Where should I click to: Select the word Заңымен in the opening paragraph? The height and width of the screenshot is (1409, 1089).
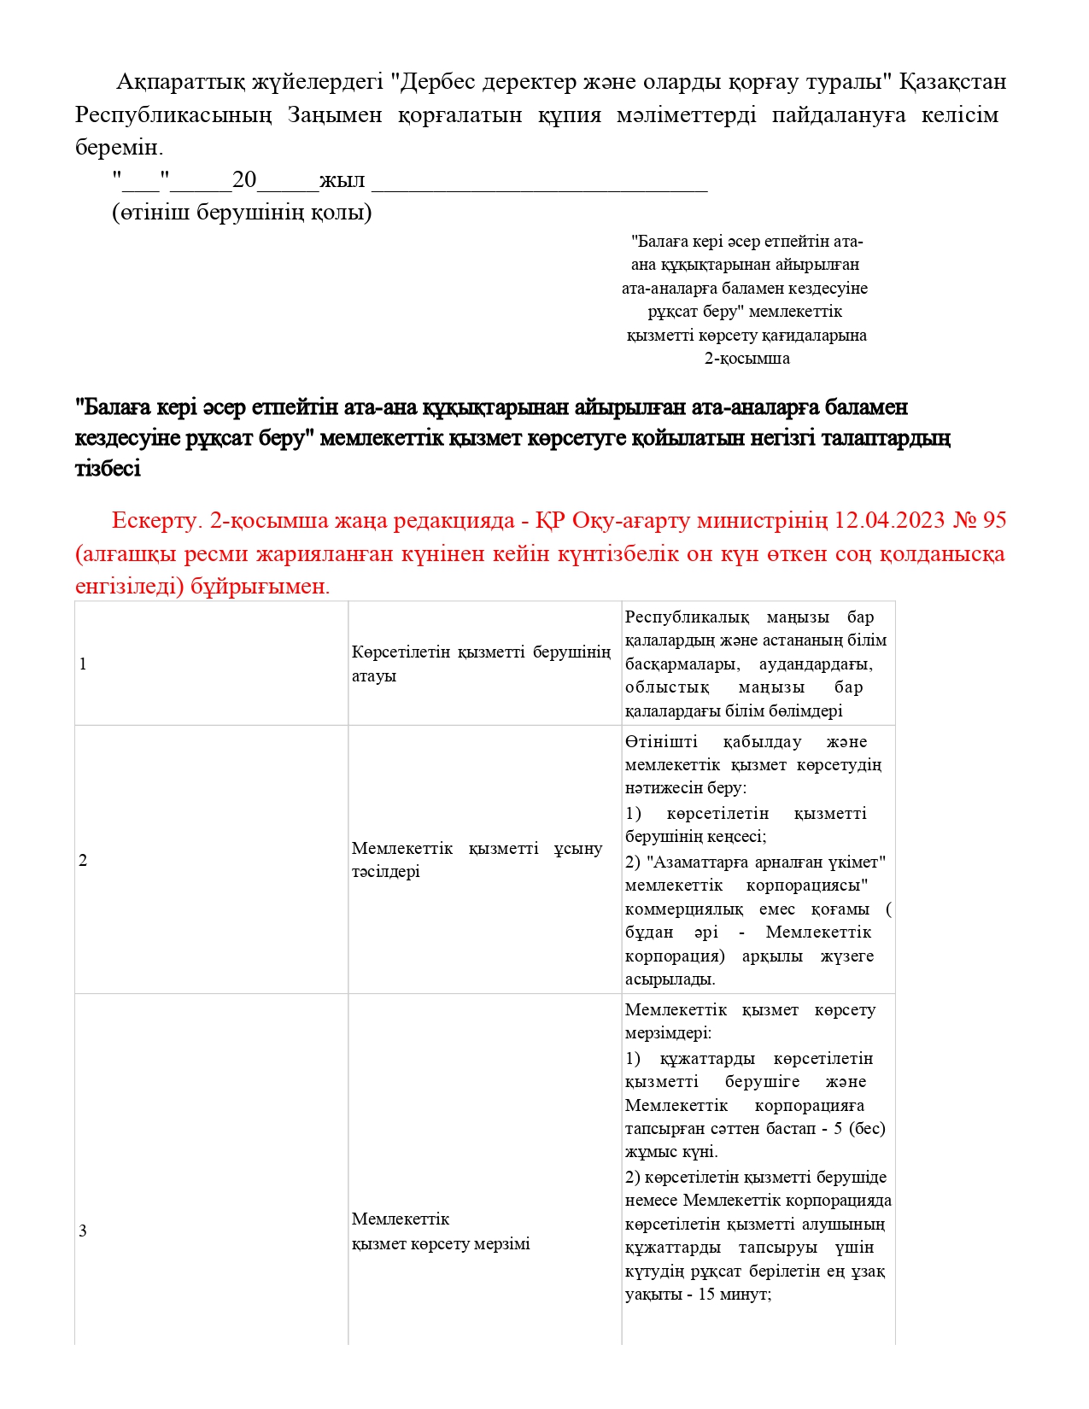tap(335, 114)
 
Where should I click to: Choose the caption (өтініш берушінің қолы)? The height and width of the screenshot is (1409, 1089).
tap(243, 213)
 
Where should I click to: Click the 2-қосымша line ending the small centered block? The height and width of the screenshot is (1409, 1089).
tap(746, 359)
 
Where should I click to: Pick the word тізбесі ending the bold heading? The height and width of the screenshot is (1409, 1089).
tap(108, 469)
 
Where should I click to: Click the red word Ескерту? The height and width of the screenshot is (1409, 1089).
tap(156, 520)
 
